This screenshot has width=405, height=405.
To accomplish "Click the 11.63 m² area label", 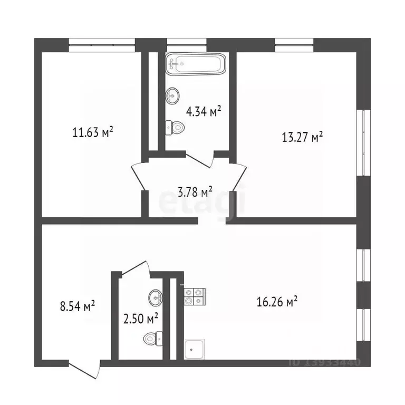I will (x=93, y=131).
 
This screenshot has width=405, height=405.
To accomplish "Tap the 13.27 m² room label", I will (x=302, y=138).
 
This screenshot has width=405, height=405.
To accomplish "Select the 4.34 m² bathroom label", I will (x=203, y=111).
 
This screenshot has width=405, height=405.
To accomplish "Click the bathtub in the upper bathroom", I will (x=196, y=64).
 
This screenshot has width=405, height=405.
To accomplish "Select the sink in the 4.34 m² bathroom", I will (x=172, y=96).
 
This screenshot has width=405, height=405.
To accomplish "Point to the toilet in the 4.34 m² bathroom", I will (x=175, y=127).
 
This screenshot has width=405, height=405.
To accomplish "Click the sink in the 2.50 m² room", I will (x=156, y=297).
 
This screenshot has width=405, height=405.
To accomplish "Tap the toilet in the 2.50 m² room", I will (x=152, y=336).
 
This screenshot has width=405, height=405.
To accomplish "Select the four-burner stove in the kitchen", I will (x=194, y=296).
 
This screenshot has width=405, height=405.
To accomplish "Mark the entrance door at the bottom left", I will (x=84, y=370).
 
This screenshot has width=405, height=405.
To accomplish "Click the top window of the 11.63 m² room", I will (x=101, y=45).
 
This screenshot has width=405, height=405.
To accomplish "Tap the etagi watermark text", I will (x=203, y=202).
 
